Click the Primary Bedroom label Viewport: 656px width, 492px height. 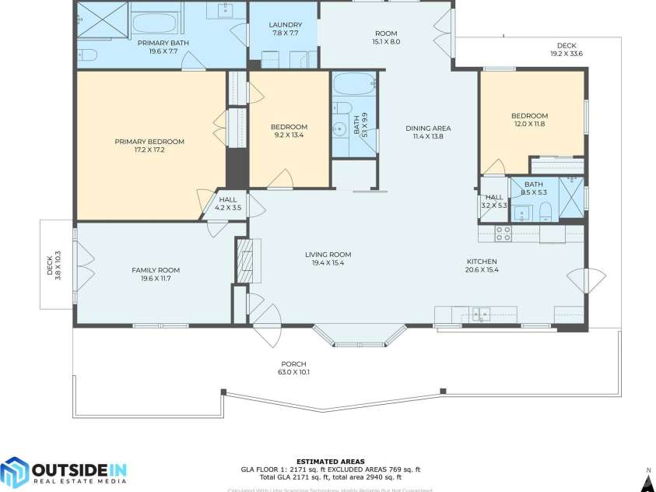[x=149, y=142]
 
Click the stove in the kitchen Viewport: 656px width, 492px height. [x=503, y=232]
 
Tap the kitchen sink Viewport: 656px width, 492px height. [x=482, y=314]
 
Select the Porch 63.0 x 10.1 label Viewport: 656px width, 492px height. [x=293, y=367]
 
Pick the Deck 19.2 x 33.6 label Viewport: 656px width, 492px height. [x=567, y=49]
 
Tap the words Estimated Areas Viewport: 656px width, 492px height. [x=330, y=462]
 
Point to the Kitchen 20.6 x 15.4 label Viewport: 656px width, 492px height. [x=481, y=265]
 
